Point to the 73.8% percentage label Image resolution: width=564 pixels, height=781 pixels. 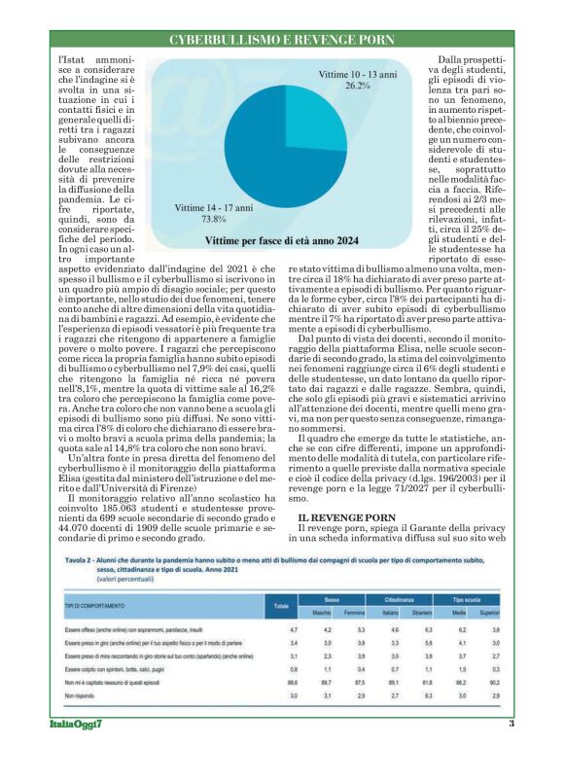coord(213,219)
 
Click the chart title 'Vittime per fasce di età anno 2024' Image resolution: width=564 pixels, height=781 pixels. coord(282,239)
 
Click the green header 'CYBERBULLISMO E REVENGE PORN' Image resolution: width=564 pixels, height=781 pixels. coord(282,40)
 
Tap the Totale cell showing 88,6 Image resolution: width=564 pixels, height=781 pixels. coord(281,684)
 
